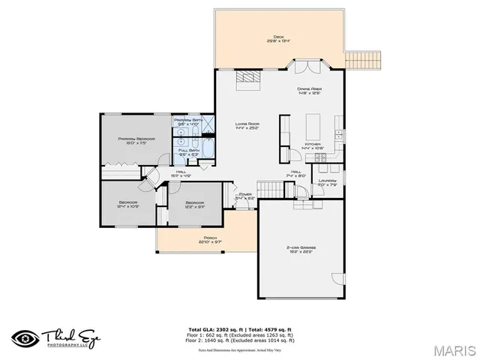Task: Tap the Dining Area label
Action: click(x=309, y=91)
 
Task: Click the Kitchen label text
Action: click(x=313, y=146)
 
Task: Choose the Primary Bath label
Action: click(x=187, y=121)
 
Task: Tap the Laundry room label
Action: click(x=327, y=182)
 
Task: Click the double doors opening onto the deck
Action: click(x=305, y=67)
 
